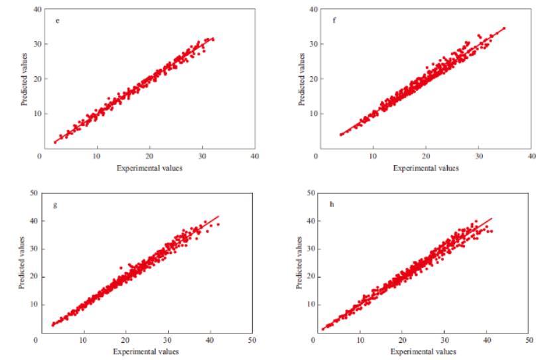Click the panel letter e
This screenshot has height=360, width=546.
point(58,21)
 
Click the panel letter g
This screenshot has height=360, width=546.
point(55,205)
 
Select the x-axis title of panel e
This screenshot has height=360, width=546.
point(149,168)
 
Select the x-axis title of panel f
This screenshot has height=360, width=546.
point(425,168)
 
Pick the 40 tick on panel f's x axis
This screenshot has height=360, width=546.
point(531,156)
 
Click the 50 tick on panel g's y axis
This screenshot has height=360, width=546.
point(33,193)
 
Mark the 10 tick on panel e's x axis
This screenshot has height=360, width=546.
point(97,156)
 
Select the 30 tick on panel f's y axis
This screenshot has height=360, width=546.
point(312,44)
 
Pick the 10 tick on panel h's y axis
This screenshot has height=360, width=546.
point(309,304)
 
